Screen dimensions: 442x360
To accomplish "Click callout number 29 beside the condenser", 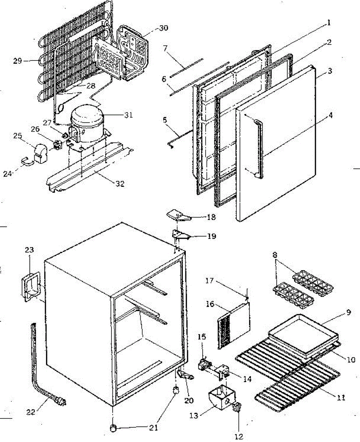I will (18, 61).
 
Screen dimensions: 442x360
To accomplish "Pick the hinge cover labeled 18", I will (178, 214).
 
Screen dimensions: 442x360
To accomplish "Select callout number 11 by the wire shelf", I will (341, 397).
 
